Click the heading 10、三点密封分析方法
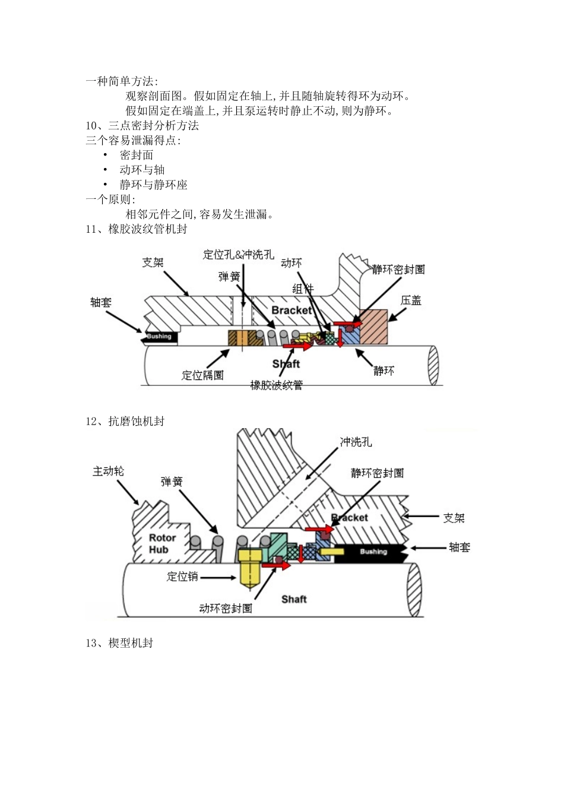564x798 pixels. click(x=142, y=125)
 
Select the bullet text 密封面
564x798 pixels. click(x=137, y=155)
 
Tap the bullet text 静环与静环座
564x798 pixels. click(x=153, y=185)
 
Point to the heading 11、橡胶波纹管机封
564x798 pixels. click(x=137, y=229)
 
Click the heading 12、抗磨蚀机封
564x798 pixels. click(x=125, y=421)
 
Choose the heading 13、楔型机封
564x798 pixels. click(x=119, y=643)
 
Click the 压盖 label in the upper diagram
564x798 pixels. click(x=411, y=300)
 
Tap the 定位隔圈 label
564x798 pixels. click(x=202, y=375)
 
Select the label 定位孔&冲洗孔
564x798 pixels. click(x=239, y=255)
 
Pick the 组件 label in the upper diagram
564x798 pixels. click(x=303, y=289)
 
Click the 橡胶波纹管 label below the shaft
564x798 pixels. click(x=277, y=385)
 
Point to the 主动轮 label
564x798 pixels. click(x=109, y=471)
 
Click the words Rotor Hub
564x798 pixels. click(x=161, y=544)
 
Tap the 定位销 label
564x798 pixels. click(x=182, y=577)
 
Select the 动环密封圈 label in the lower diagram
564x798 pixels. click(x=226, y=609)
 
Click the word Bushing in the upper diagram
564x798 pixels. click(x=159, y=337)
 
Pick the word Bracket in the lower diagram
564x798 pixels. click(x=350, y=518)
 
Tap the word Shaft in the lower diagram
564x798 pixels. click(x=294, y=599)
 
